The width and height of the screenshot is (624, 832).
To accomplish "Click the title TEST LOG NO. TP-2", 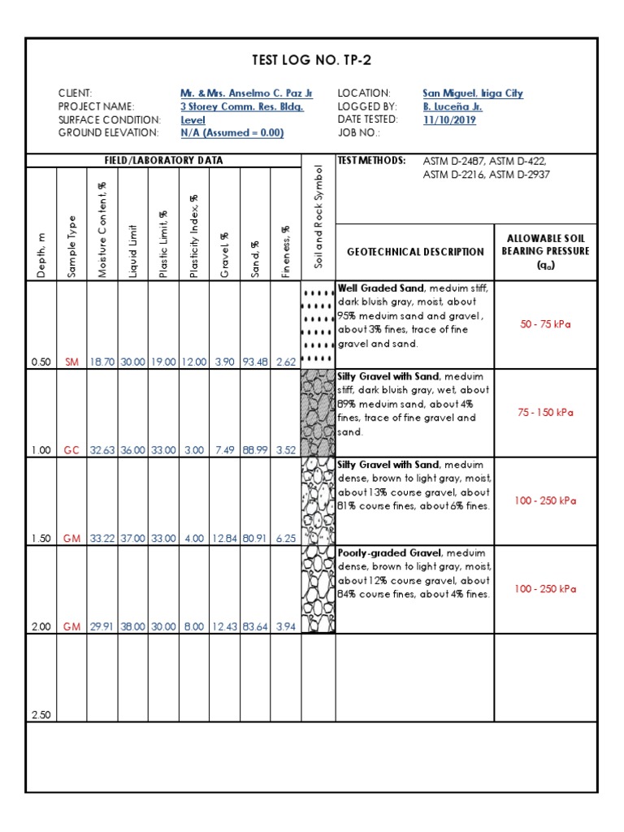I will (312, 60).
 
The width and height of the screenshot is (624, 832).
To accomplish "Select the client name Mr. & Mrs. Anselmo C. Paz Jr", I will (246, 93).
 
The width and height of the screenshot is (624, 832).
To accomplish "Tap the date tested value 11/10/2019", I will (449, 120).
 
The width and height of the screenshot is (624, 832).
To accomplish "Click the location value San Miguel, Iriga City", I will (473, 93).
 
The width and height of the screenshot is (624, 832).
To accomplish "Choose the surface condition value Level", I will (193, 120).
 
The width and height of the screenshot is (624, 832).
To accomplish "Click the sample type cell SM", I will (71, 362).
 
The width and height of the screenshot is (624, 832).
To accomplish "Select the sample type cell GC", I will (71, 450).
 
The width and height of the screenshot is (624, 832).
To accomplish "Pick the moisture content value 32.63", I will (102, 450).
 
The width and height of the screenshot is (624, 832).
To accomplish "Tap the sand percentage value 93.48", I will (255, 362).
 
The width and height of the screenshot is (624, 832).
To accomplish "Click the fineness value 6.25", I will (286, 538).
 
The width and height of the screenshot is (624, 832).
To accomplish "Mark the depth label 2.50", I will (41, 715).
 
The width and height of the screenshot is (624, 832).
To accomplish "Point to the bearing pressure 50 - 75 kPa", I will (545, 324).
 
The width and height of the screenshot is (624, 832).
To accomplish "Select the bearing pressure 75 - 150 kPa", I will (545, 412).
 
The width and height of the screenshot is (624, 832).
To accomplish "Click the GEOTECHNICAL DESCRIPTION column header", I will (414, 252).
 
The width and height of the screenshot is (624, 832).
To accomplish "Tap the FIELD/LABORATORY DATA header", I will (163, 160).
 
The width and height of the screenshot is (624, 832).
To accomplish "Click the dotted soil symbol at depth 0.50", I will (318, 325).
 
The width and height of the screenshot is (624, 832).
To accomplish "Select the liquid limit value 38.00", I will (133, 626).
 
